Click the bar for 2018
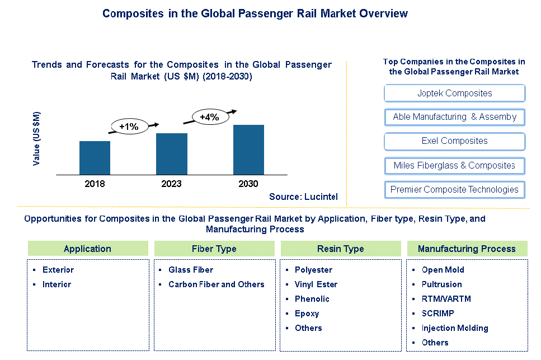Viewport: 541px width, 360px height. [x=95, y=158]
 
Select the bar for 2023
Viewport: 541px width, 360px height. [x=172, y=154]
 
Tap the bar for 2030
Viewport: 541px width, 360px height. [x=248, y=149]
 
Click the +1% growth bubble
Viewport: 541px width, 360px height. [x=129, y=127]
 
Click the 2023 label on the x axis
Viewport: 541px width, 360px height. [x=172, y=184]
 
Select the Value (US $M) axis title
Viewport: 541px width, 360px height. [x=37, y=138]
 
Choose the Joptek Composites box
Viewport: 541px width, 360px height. [x=454, y=93]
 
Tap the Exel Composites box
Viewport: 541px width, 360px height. [x=454, y=141]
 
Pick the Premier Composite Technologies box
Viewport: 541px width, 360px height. [x=454, y=189]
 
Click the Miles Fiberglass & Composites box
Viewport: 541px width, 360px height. [x=454, y=165]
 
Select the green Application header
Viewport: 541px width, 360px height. [x=88, y=249]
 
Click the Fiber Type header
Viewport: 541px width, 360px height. [x=214, y=249]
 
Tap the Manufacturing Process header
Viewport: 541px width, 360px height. [x=467, y=249]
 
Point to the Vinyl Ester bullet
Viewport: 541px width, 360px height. [x=316, y=284]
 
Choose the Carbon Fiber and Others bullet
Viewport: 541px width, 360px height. [x=216, y=284]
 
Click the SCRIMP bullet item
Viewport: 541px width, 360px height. [x=438, y=314]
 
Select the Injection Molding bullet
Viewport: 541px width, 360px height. [x=454, y=328]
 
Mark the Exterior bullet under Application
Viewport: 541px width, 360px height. [x=58, y=270]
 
